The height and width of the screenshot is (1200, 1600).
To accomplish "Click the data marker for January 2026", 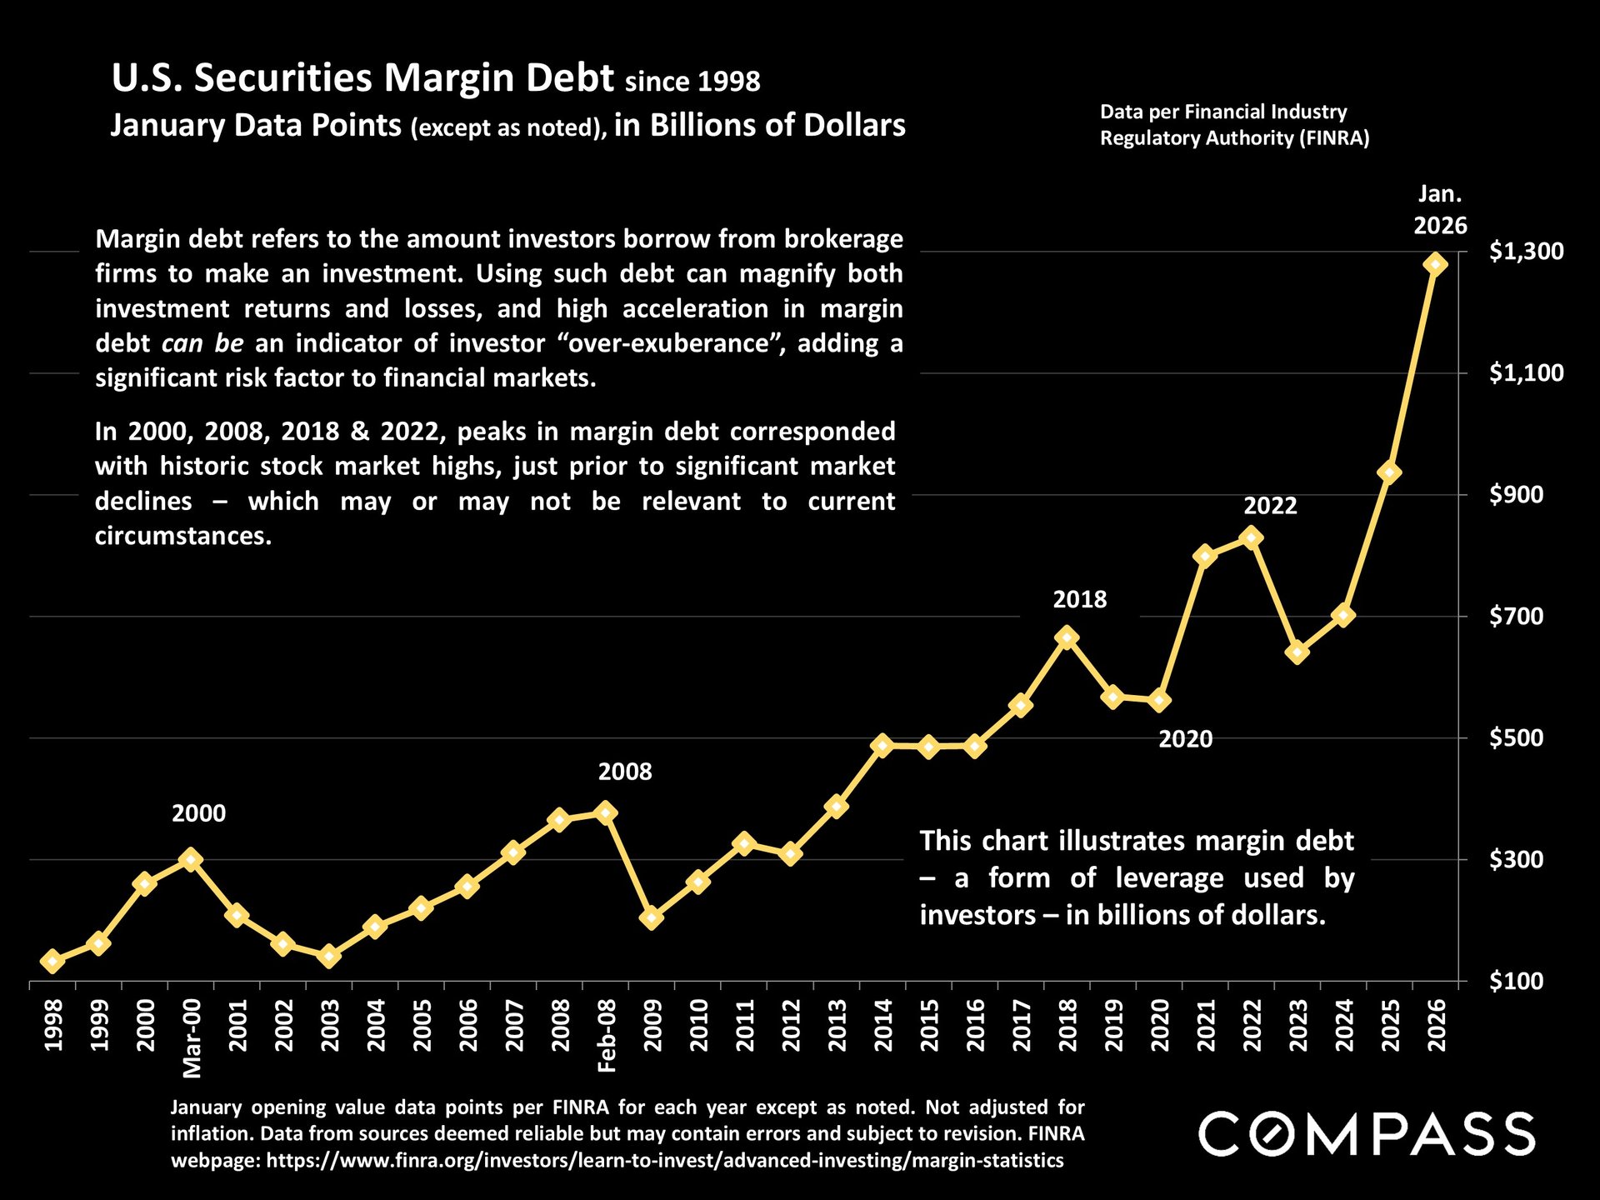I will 1435,264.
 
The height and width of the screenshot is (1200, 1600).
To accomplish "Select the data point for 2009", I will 652,918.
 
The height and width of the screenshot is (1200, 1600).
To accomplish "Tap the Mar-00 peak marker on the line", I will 191,859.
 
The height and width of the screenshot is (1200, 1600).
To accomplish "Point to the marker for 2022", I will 1251,537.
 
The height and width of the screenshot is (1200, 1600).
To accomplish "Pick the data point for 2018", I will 1067,637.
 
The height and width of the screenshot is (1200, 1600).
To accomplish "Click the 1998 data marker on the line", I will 52,961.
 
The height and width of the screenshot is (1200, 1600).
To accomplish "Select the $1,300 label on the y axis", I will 1526,251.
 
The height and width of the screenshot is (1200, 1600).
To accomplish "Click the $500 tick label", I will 1516,738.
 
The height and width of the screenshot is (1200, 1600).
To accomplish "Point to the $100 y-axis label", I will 1516,982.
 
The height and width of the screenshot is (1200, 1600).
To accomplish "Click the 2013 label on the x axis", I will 837,1026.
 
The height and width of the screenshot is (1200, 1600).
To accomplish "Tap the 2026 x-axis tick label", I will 1437,1026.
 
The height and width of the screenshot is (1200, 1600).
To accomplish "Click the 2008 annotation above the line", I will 625,772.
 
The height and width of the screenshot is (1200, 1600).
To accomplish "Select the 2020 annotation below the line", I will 1185,739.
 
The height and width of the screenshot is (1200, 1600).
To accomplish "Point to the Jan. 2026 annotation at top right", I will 1440,210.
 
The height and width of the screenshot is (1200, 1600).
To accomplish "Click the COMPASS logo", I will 1367,1134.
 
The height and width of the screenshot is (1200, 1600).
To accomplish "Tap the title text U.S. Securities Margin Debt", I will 362,77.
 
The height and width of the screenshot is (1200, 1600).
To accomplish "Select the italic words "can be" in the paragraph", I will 202,343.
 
